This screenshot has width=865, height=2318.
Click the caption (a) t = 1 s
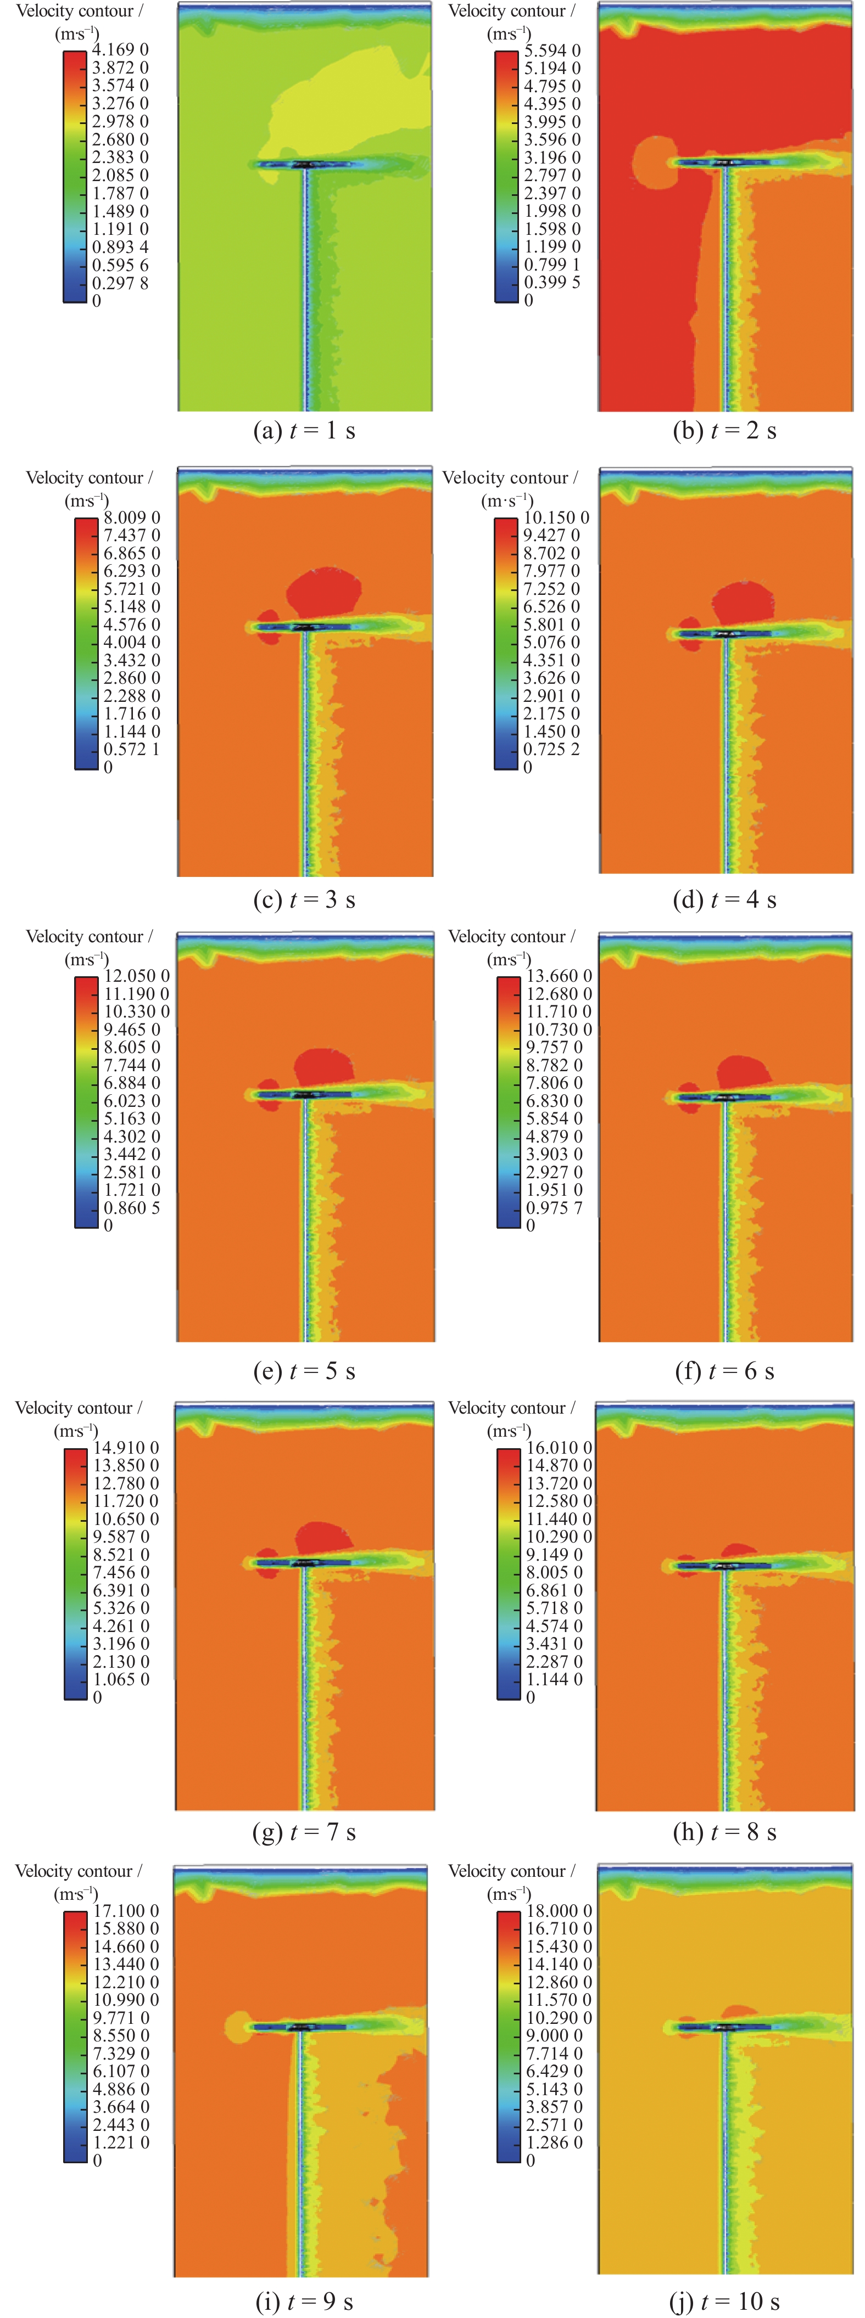click(304, 431)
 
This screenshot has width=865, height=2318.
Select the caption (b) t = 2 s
click(724, 431)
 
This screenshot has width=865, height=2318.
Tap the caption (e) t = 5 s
click(304, 1371)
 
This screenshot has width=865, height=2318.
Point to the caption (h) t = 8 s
click(724, 1832)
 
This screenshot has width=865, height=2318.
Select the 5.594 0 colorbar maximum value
click(553, 50)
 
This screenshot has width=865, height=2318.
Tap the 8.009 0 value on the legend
click(131, 517)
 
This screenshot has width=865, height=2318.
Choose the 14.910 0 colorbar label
click(126, 1448)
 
